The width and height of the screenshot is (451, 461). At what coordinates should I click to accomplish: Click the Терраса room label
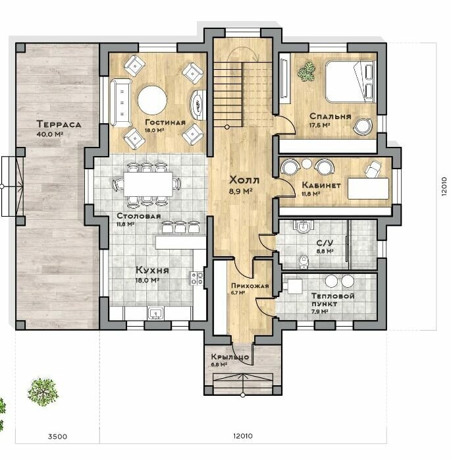[x=59, y=124]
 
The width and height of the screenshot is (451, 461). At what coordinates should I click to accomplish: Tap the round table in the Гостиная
[x=153, y=100]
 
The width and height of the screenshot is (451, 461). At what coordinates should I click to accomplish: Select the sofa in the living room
[x=120, y=103]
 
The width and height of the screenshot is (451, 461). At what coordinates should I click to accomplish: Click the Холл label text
[x=244, y=180]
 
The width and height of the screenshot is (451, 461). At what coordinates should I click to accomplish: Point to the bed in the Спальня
[x=350, y=82]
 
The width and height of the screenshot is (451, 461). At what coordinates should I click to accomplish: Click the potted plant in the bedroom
[x=306, y=71]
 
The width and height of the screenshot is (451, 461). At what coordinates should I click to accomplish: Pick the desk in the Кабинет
[x=369, y=188]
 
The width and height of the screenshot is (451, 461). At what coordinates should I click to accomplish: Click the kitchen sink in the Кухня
[x=155, y=313]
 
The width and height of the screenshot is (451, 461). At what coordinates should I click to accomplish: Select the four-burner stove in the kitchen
[x=196, y=279]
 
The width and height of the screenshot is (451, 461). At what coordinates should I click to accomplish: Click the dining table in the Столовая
[x=148, y=184]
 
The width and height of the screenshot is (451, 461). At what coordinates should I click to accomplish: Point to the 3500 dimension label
[x=57, y=436]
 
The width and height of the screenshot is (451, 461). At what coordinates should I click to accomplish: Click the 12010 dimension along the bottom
[x=243, y=436]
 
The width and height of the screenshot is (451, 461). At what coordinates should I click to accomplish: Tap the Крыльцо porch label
[x=230, y=357]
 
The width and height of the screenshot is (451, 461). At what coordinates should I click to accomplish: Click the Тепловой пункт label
[x=332, y=300]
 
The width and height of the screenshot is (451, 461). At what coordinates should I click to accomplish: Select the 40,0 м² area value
[x=50, y=134]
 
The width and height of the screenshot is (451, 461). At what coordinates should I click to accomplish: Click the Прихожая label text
[x=250, y=286]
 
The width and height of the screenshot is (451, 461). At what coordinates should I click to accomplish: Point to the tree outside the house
[x=43, y=393]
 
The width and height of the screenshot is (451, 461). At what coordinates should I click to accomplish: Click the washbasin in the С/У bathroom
[x=303, y=227]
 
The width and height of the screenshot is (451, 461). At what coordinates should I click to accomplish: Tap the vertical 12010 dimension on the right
[x=444, y=186]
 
